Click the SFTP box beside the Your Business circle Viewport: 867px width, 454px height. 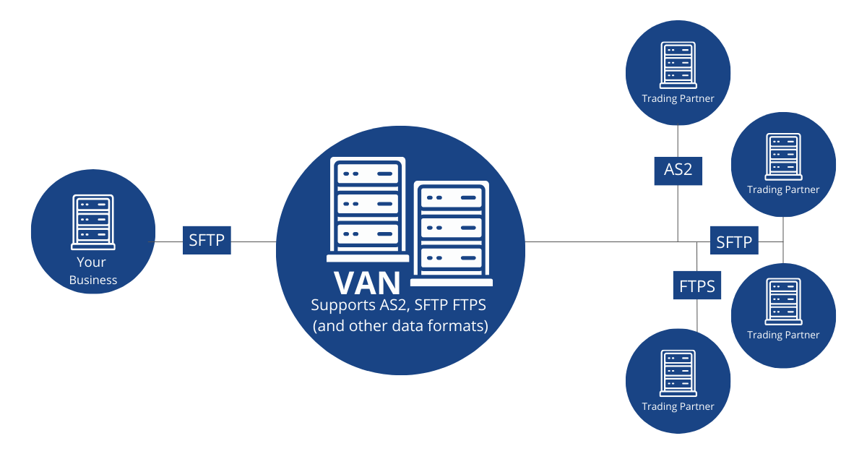pos(207,240)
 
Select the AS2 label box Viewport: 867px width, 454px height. pos(678,171)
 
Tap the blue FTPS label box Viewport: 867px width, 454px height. pos(697,286)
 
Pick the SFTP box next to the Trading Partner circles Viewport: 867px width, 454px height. pos(734,242)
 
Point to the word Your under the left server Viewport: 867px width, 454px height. pos(92,262)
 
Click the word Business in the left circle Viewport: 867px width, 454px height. pos(93,280)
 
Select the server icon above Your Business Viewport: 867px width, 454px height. pos(93,222)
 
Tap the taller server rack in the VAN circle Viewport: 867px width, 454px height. pos(368,209)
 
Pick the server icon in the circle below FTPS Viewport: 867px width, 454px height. pos(678,372)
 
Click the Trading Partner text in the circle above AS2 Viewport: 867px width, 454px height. pos(678,98)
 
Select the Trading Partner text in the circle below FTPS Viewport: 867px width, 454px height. pos(678,406)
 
